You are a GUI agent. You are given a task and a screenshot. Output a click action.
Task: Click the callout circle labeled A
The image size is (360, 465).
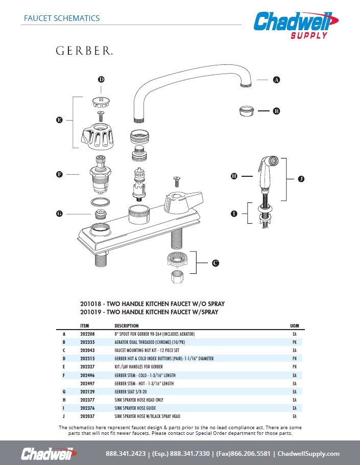(x=276, y=80)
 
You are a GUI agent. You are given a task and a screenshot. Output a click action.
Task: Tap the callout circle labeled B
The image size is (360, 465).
(x=276, y=111)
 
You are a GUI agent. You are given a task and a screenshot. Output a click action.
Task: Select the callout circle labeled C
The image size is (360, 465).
(x=215, y=263)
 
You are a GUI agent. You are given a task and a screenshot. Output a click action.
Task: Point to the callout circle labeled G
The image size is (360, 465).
(x=59, y=214)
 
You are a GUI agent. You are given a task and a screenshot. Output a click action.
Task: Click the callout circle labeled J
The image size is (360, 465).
(x=301, y=179)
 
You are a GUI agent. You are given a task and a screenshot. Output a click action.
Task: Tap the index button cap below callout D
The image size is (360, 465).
(x=101, y=99)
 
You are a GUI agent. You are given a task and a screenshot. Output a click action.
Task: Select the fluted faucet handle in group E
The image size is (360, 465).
(x=98, y=135)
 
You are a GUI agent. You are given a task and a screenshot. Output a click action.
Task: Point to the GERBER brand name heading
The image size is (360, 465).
(x=84, y=51)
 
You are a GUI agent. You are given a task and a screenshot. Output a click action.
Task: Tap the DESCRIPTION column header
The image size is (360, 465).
(x=126, y=325)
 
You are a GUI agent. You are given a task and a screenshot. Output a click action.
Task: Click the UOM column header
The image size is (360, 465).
(x=294, y=325)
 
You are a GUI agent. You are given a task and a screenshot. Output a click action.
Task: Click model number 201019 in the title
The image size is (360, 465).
(x=91, y=311)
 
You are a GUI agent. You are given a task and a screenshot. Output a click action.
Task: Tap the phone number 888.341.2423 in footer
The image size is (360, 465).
(x=126, y=454)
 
